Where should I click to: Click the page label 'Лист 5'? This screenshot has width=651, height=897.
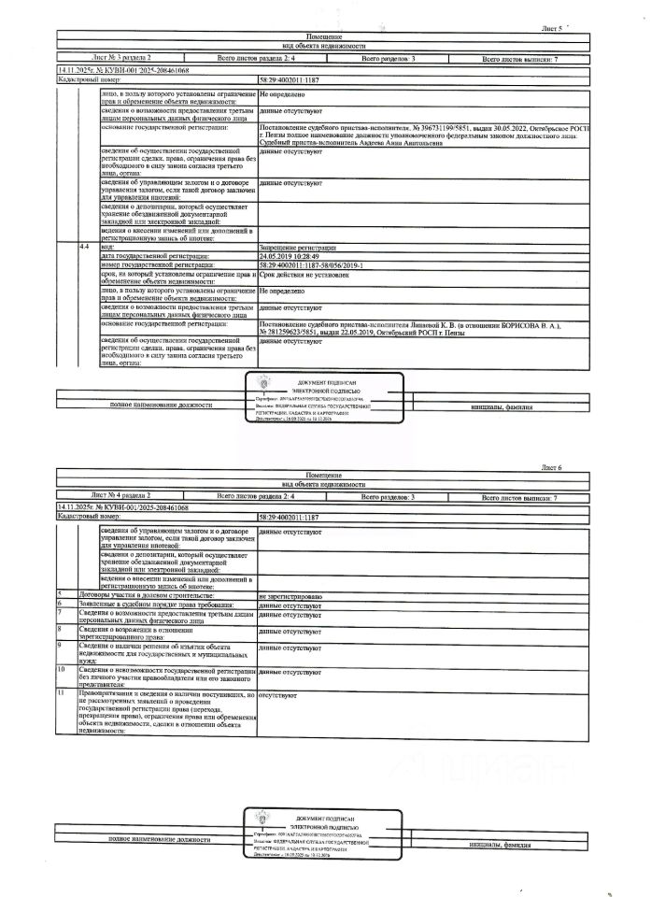click(x=554, y=29)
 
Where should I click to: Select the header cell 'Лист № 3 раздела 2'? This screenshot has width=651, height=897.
click(x=120, y=59)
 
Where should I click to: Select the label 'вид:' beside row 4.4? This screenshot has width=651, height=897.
click(x=106, y=248)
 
